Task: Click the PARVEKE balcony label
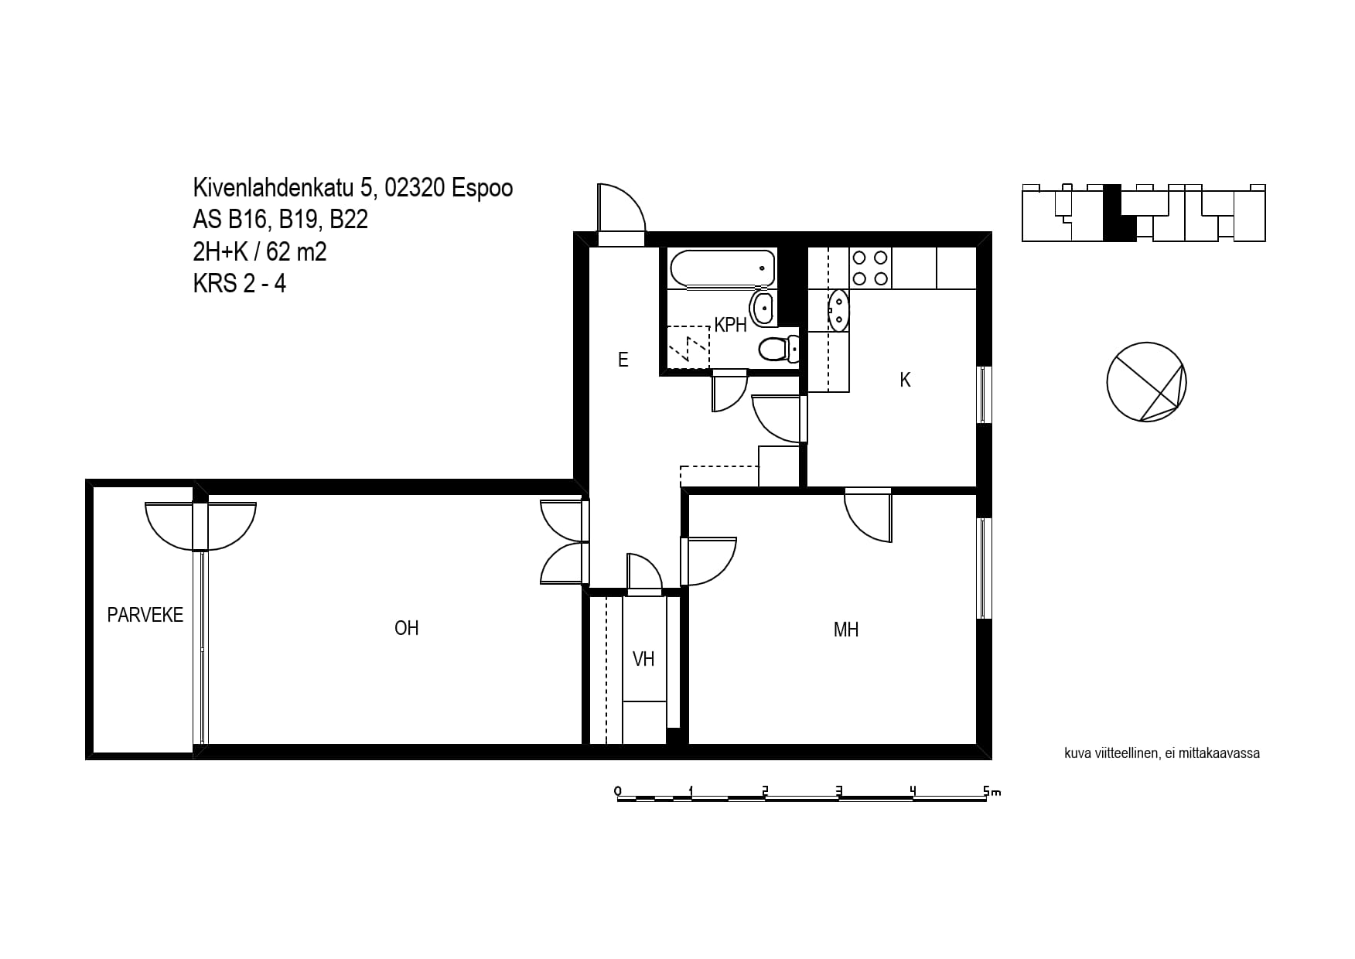point(145,615)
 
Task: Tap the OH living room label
point(407,628)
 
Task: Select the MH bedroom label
point(846,630)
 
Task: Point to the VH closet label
point(643,659)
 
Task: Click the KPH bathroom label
point(731,325)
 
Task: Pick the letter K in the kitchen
point(906,380)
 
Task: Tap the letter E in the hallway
point(623,359)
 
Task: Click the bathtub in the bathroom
point(722,268)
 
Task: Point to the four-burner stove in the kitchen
point(870,268)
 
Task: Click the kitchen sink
point(838,311)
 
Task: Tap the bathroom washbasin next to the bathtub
point(763,307)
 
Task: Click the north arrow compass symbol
point(1146,382)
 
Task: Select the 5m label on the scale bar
point(992,791)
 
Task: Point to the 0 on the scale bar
point(617,790)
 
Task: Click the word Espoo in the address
point(483,188)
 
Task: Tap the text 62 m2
point(296,251)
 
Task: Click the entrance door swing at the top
point(621,207)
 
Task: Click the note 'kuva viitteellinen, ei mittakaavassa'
point(1162,753)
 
